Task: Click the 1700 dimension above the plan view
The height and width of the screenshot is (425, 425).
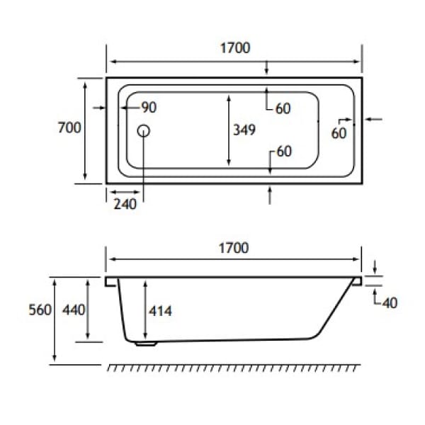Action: coord(234,48)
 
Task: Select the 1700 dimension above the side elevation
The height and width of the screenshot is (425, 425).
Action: coord(234,248)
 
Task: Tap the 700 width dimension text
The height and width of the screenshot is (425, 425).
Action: coord(69,127)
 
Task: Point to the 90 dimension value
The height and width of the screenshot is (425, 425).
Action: coord(149,108)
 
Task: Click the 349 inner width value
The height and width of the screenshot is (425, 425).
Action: coord(244,130)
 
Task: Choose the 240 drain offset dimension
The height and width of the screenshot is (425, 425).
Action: coord(124,205)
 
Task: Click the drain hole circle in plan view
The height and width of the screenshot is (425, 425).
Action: coord(144,130)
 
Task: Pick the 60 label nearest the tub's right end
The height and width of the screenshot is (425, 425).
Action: coord(339,132)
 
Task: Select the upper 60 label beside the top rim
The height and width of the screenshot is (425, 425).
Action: coord(283,108)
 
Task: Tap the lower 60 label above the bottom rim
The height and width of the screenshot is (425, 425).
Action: coord(284,151)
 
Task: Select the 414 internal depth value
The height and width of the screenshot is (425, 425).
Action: coord(161,311)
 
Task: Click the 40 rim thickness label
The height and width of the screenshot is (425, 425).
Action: coord(389,302)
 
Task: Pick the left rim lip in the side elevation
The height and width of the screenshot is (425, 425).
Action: coord(111,281)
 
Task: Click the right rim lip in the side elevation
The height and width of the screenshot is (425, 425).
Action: coord(356,281)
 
